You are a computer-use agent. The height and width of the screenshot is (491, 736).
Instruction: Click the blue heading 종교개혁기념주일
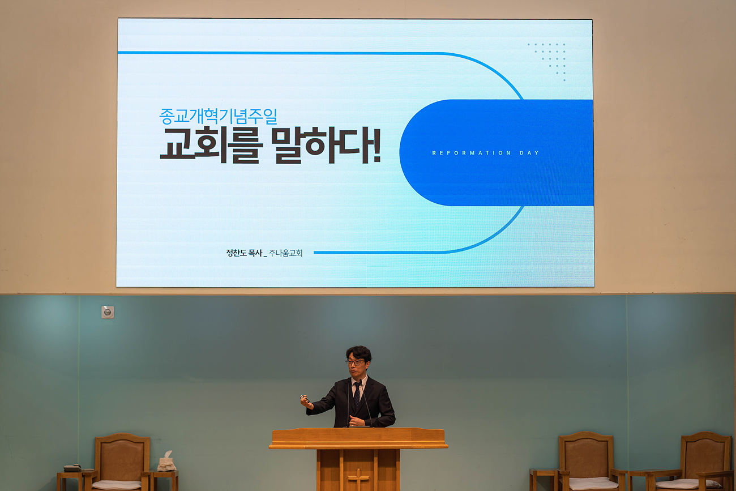coord(218,116)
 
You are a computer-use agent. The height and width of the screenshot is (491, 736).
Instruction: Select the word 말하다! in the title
coord(326,146)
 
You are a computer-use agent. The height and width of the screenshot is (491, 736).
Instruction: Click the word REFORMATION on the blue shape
coord(471,153)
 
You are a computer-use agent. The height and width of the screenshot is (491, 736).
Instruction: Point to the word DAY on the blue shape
coord(529,153)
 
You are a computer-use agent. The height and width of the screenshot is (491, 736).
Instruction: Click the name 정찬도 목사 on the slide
coord(244,253)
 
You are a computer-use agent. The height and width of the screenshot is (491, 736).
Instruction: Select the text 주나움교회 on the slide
coord(285,253)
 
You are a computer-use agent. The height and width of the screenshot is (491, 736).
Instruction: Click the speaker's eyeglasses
coord(355,362)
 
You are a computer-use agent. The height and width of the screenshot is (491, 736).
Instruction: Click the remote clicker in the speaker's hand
coord(305,399)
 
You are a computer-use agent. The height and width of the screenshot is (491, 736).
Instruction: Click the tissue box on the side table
coord(166,462)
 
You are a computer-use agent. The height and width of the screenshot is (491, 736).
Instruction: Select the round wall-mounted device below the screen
coord(108,312)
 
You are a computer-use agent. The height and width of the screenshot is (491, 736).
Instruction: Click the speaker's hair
coord(359,353)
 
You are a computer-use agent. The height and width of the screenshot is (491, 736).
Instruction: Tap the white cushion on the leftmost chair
coord(117,485)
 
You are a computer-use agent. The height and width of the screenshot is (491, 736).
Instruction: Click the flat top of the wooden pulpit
coord(358,438)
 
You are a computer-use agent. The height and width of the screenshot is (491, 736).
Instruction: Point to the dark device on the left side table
coord(72,468)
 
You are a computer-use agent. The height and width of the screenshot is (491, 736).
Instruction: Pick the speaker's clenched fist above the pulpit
coord(356,420)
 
